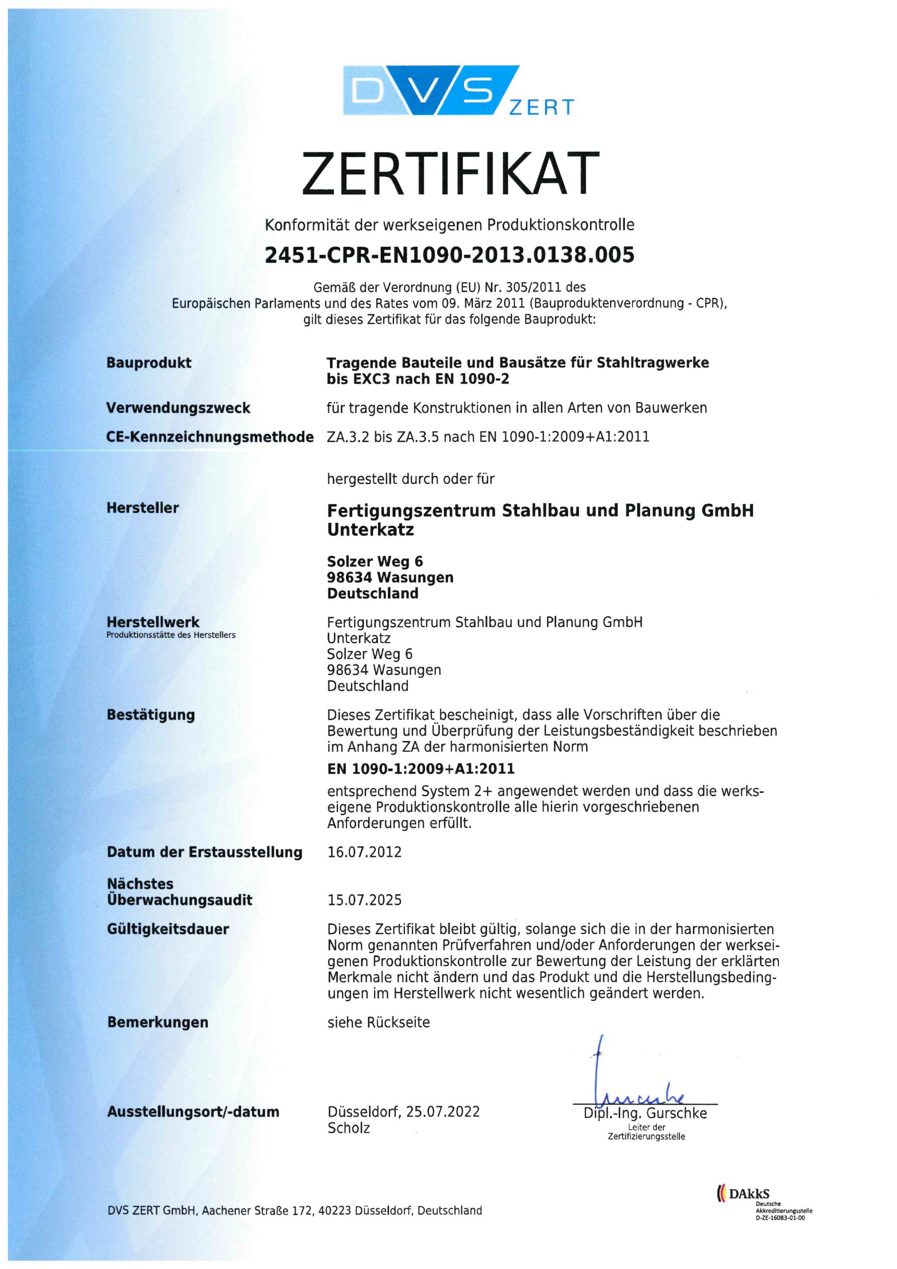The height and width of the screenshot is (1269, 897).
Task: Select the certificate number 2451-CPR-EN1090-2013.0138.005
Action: (x=449, y=255)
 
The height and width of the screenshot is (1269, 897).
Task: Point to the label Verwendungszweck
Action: (x=178, y=408)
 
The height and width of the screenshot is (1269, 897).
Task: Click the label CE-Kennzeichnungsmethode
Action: (x=210, y=437)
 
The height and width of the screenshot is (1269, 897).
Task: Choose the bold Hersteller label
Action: (x=143, y=508)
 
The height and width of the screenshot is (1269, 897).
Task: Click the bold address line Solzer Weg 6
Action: (x=375, y=562)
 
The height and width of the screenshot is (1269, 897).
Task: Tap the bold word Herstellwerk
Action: (x=153, y=622)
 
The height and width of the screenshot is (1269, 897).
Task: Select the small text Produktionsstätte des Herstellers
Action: (x=171, y=635)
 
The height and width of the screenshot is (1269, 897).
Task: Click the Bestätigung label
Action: (x=150, y=715)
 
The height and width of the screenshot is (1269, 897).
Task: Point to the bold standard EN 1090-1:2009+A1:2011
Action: (x=421, y=768)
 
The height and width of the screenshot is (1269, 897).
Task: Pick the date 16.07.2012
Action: (x=364, y=852)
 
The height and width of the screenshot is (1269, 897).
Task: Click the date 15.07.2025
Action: (x=364, y=900)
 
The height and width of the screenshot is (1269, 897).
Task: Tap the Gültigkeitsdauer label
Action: (x=168, y=929)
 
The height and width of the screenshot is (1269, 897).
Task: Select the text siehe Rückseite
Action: (x=378, y=1023)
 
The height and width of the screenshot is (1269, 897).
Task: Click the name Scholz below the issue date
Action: (x=348, y=1128)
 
